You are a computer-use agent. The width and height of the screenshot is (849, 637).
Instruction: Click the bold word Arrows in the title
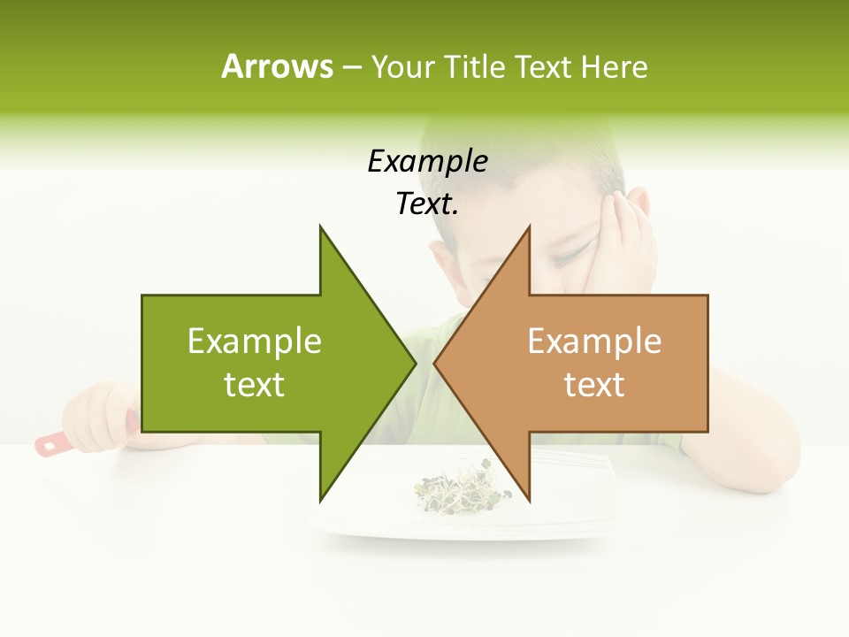[x=277, y=66]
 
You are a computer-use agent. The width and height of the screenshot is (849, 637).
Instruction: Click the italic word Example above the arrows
[x=427, y=161]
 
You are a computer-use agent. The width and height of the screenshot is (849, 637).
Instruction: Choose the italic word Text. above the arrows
[x=427, y=204]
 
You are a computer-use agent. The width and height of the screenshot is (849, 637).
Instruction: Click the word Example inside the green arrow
[x=255, y=341]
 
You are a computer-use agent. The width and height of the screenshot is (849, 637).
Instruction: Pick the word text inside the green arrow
[x=255, y=384]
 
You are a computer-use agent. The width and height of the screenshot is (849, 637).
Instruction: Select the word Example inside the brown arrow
[x=594, y=341]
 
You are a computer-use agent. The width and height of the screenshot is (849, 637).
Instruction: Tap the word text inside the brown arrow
[x=594, y=384]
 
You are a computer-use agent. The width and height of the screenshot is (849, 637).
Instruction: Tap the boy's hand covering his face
[x=624, y=230]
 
